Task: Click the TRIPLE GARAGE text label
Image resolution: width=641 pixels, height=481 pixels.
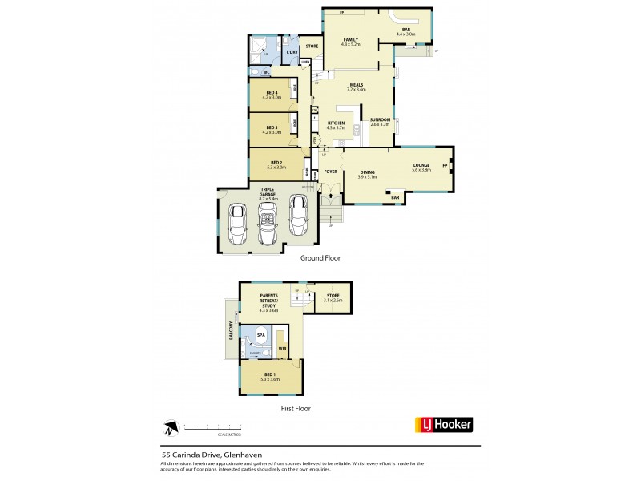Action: (x=268, y=192)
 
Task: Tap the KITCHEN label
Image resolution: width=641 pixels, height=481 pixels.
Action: (x=336, y=123)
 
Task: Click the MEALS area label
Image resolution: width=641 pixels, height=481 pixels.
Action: (x=356, y=85)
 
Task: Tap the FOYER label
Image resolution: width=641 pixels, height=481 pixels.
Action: (x=330, y=172)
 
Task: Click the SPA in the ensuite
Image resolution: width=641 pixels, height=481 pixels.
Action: (x=261, y=335)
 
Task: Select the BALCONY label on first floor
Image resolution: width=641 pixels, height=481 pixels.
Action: (x=231, y=329)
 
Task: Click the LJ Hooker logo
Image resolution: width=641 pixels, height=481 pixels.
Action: (x=443, y=425)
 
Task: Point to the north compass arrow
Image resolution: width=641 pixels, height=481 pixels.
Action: (x=171, y=426)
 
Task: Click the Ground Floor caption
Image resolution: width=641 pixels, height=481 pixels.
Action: (x=320, y=258)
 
